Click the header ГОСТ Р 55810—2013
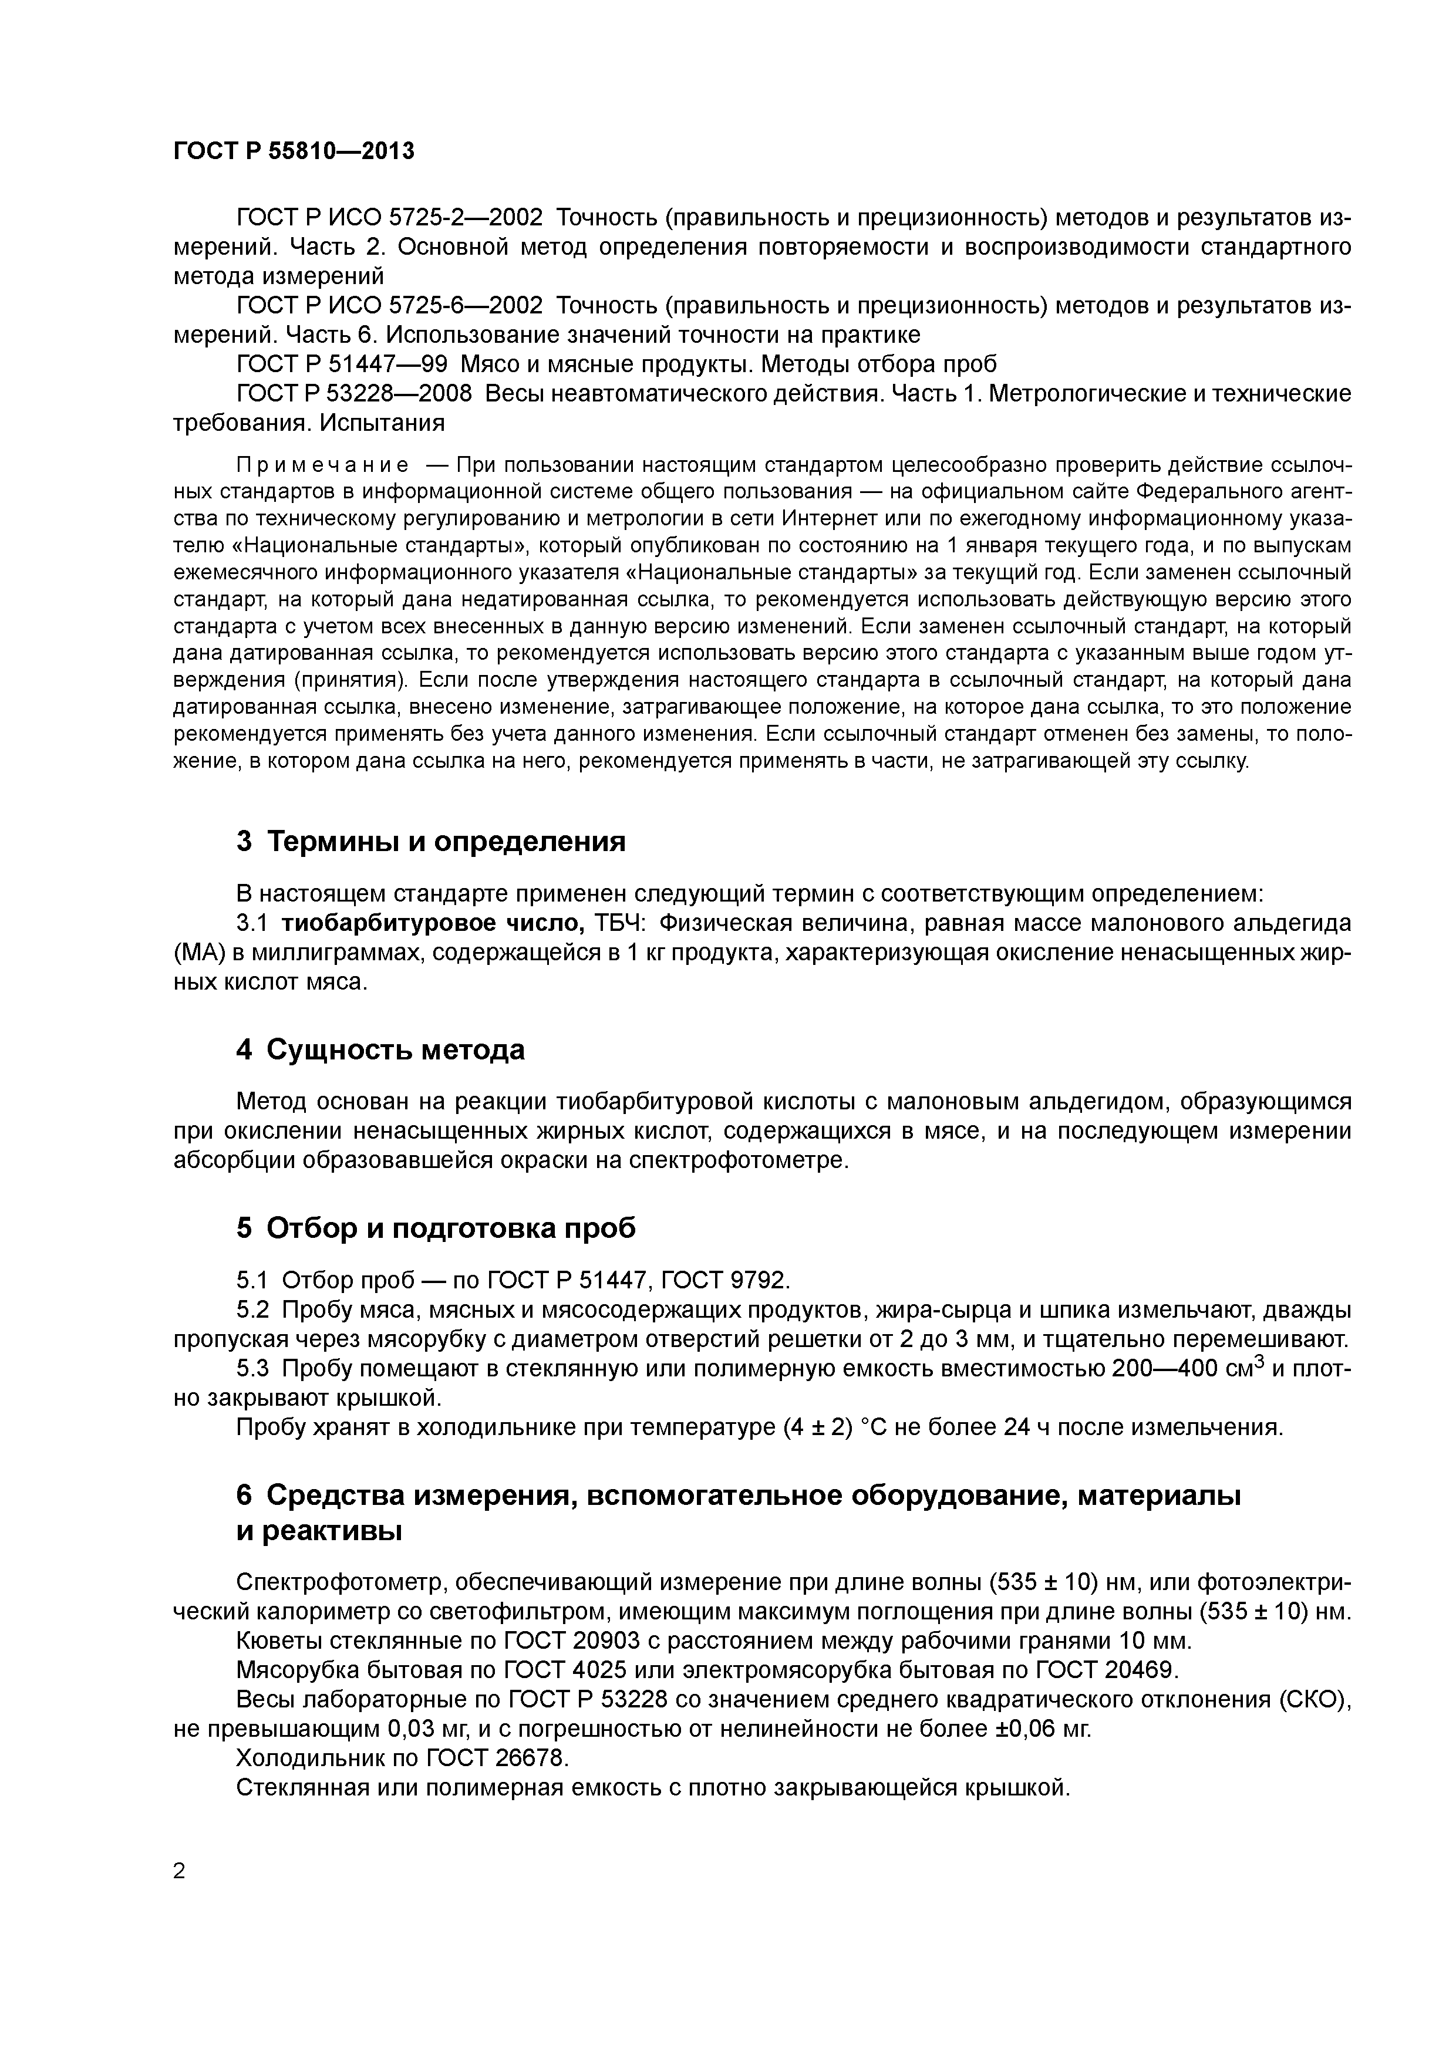(294, 151)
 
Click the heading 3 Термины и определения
(430, 841)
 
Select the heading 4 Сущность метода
(380, 1049)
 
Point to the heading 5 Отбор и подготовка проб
(436, 1228)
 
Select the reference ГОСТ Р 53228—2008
(353, 394)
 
